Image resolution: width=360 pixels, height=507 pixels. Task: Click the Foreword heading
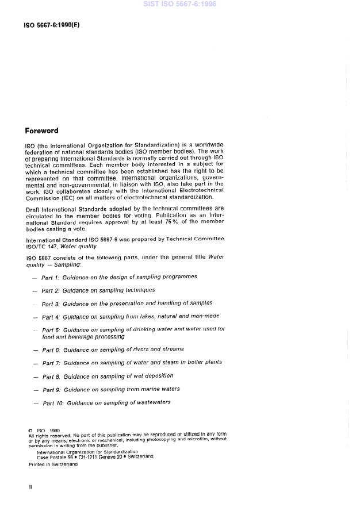coord(41,131)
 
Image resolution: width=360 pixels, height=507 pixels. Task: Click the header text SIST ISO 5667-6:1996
coord(179,5)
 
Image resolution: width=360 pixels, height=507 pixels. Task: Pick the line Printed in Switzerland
coord(53,464)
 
